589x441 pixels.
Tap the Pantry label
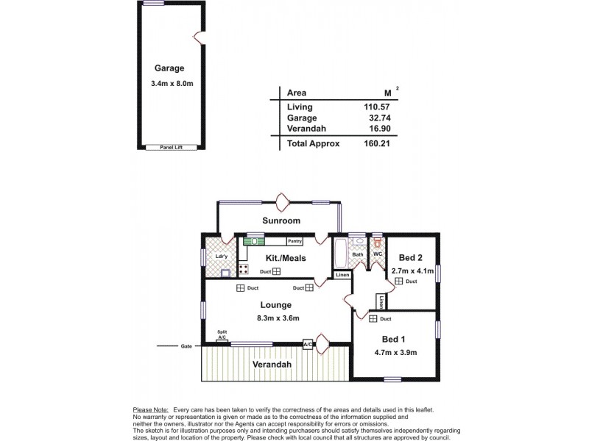click(x=295, y=240)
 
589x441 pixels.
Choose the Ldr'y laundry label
click(x=220, y=256)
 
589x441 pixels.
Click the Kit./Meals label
click(x=286, y=258)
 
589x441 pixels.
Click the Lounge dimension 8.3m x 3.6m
click(x=277, y=318)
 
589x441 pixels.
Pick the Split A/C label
click(x=222, y=334)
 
